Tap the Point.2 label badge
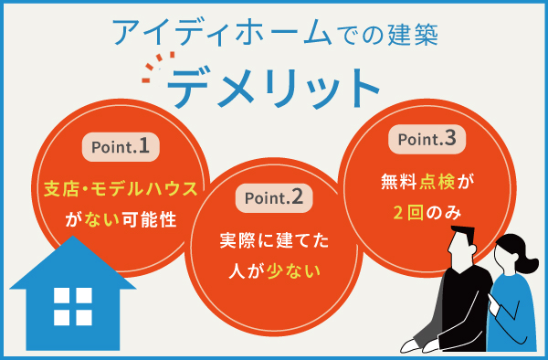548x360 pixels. tap(273, 196)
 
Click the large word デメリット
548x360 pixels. tap(273, 89)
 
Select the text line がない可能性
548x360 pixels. tap(121, 219)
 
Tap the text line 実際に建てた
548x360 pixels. tap(273, 241)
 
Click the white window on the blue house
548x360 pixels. tap(73, 305)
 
